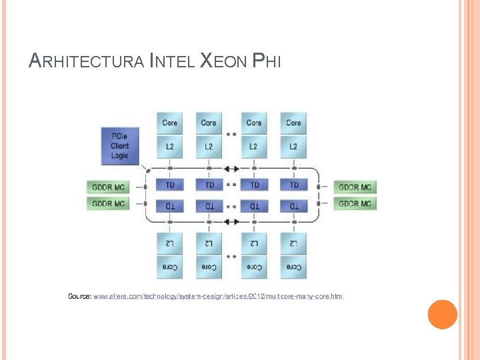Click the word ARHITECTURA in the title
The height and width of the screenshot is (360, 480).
[x=87, y=62]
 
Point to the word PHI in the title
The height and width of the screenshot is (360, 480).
[x=267, y=62]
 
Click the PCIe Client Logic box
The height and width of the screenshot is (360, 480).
[x=119, y=146]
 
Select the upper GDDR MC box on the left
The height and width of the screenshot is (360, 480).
[x=108, y=187]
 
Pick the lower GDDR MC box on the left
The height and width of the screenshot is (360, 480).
[x=108, y=203]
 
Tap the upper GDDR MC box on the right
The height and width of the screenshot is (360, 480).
[x=355, y=187]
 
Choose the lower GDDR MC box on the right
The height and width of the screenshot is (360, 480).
[x=355, y=203]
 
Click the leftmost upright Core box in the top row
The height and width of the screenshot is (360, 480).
[x=170, y=123]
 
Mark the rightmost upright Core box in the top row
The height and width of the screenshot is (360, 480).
[x=293, y=123]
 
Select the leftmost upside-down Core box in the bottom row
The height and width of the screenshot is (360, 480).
[x=170, y=267]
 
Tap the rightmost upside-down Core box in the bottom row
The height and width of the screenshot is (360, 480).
[x=293, y=267]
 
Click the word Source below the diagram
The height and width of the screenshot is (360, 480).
[x=79, y=295]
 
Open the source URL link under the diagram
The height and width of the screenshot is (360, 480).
[x=218, y=295]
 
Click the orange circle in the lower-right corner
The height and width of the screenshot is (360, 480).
[x=442, y=314]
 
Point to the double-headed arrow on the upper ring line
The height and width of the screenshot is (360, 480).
[x=231, y=169]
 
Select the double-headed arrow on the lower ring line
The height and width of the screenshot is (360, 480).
[x=231, y=221]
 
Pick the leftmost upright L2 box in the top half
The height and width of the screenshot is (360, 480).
[x=170, y=146]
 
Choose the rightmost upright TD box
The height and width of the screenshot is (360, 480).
[x=293, y=185]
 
